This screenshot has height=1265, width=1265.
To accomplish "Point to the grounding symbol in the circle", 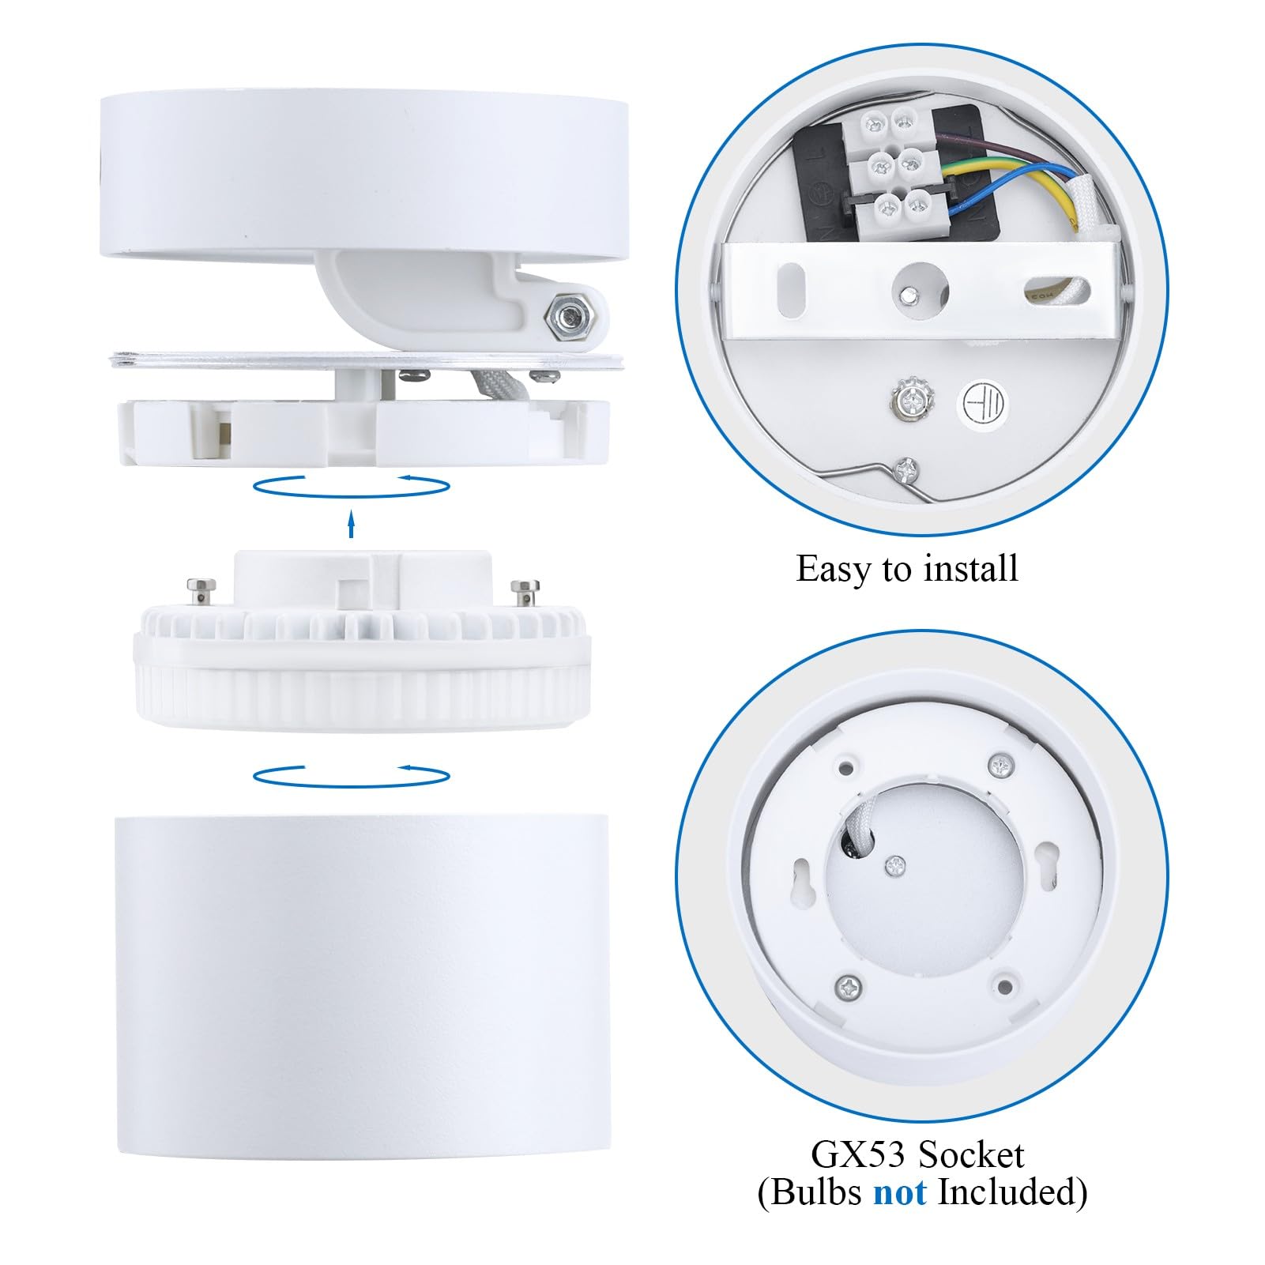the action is pyautogui.click(x=983, y=405).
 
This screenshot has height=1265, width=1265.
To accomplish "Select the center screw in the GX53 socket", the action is pyautogui.click(x=895, y=865).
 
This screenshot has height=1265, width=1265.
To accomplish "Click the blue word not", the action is pyautogui.click(x=899, y=1192).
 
